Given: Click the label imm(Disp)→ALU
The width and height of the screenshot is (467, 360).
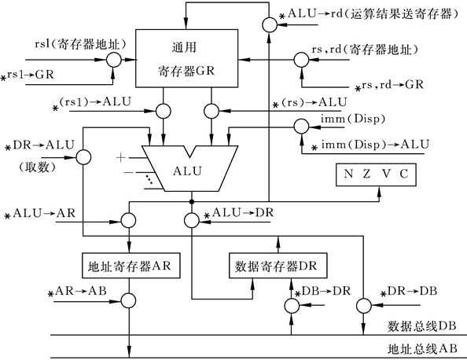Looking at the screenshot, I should pyautogui.click(x=370, y=144).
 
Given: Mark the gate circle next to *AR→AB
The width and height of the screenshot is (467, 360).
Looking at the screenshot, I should pyautogui.click(x=126, y=299).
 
